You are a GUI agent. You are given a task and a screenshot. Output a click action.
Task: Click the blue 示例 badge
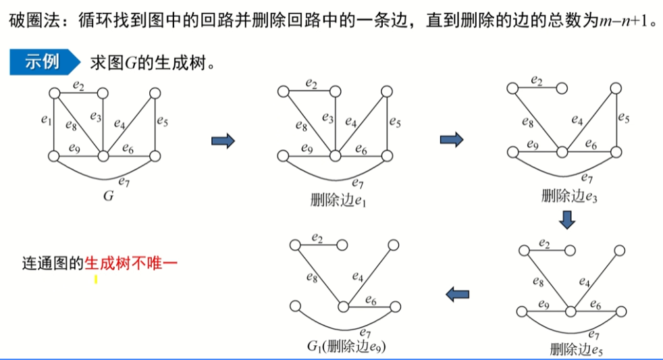(x=42, y=63)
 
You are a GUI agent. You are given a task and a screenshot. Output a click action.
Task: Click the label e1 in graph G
(x=46, y=121)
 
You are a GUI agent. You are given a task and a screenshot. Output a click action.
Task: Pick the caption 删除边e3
(x=568, y=196)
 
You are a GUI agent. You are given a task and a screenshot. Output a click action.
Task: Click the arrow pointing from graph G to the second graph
(x=223, y=140)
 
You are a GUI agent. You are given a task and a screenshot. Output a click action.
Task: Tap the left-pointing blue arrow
(x=458, y=292)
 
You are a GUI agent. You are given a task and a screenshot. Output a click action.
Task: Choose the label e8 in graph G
(x=72, y=124)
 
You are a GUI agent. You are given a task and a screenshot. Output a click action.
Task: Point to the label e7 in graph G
(x=124, y=180)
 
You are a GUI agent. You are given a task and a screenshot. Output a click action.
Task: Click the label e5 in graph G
(x=162, y=122)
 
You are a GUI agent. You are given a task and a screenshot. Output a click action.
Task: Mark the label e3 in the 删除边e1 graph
(x=327, y=118)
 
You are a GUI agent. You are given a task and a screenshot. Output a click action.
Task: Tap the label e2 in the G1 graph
(x=317, y=237)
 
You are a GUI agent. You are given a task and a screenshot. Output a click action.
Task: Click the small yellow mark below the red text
(x=96, y=278)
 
